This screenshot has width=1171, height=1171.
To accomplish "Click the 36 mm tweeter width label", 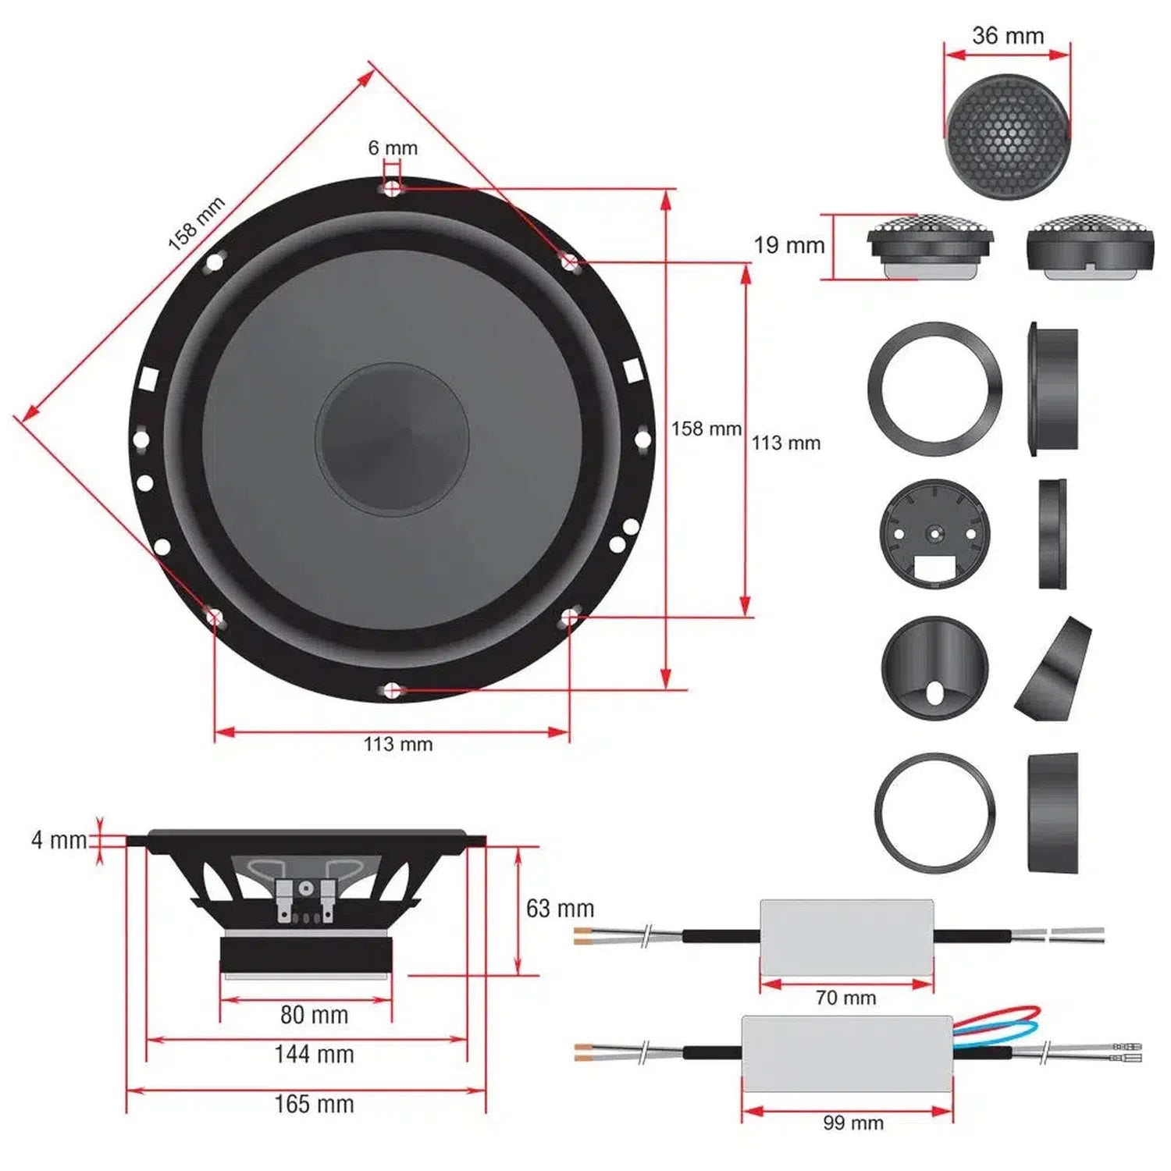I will point(1008,36).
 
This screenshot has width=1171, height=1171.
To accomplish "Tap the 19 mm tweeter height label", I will point(788,245).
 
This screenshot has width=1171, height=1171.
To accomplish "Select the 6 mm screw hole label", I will point(393,148).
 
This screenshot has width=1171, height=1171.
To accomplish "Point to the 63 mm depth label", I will point(560,908).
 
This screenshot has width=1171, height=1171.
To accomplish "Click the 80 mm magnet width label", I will point(314,1015).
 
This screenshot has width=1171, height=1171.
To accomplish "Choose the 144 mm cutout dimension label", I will point(314,1055).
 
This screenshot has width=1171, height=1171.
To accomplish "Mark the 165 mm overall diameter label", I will point(314,1104).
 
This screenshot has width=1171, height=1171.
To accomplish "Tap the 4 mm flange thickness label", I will point(59,840).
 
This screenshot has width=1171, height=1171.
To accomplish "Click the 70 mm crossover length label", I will point(845,998).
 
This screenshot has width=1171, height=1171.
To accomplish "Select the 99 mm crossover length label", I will point(852,1123).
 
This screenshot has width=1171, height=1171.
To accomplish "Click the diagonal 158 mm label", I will point(197,224).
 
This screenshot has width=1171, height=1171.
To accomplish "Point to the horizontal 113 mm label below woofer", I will point(398,744).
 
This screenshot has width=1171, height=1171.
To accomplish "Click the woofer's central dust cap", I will point(393,439).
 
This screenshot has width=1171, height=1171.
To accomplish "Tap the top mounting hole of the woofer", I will point(393,187).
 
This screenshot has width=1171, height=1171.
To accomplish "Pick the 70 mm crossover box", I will point(846,937).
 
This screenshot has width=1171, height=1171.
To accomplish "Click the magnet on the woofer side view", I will point(305,954).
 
